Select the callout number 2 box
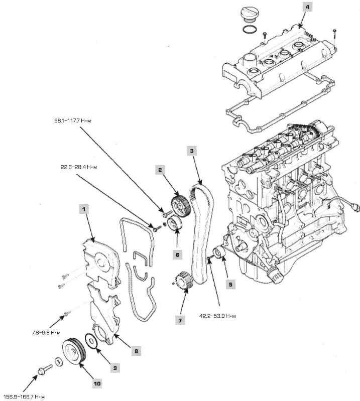click(x=160, y=171)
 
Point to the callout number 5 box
click(x=230, y=284)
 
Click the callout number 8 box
click(x=136, y=351)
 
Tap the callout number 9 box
click(x=114, y=368)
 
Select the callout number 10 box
click(x=97, y=383)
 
